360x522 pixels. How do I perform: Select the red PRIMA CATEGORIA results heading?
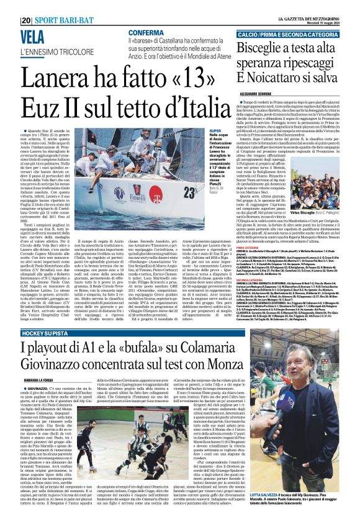[x=248, y=246]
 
